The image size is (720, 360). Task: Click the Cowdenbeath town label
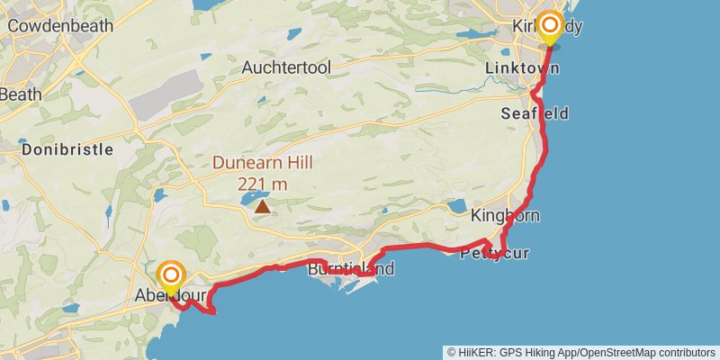tap(60, 26)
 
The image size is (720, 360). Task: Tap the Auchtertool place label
tap(286, 67)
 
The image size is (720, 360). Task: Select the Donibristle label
tap(67, 149)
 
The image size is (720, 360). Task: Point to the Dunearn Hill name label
tap(262, 164)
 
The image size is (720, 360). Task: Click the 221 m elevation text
tap(262, 184)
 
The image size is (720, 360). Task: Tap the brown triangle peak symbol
tap(262, 206)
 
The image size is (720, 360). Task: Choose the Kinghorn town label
tap(505, 216)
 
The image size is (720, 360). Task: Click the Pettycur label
tap(494, 253)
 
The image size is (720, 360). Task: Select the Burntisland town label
tap(351, 269)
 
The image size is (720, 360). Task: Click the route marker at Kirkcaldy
tap(548, 27)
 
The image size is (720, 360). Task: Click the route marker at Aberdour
tap(171, 275)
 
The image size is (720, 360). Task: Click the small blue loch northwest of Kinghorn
tap(456, 205)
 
